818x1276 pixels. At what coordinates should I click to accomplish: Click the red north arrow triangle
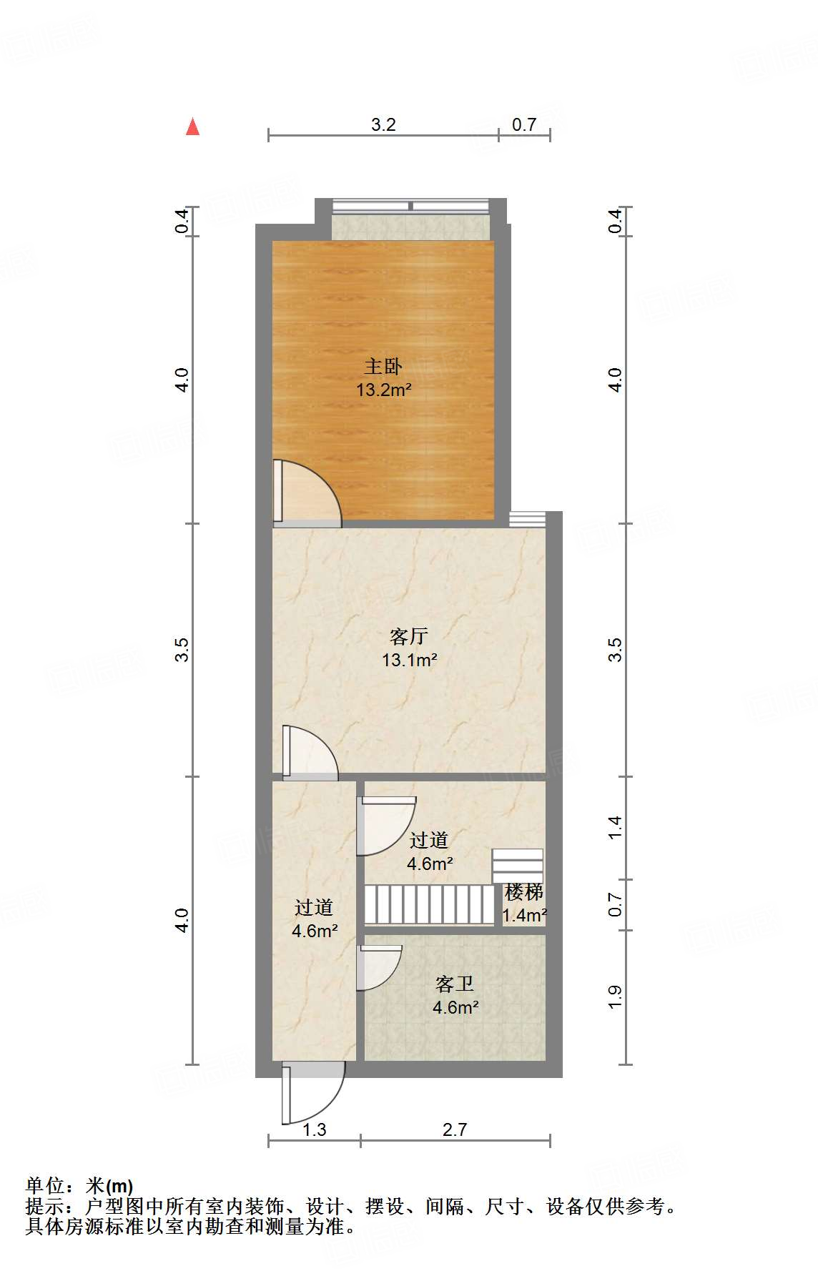(192, 127)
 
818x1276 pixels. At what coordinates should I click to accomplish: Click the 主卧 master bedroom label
(383, 367)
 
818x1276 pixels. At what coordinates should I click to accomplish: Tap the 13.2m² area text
(384, 390)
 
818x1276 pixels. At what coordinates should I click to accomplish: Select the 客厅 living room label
(409, 635)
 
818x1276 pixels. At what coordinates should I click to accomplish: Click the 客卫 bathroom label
(455, 984)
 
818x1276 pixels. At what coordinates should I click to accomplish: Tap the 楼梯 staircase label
(524, 892)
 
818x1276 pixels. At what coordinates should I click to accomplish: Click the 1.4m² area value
(525, 916)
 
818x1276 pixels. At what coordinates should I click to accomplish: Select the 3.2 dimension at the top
(383, 125)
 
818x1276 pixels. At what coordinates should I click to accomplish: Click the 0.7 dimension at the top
(524, 125)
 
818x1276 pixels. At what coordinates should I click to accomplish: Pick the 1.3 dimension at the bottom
(315, 1129)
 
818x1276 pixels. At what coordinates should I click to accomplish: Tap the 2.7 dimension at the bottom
(455, 1129)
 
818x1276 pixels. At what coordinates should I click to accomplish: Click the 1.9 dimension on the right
(615, 997)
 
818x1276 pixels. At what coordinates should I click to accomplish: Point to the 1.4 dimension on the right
(615, 827)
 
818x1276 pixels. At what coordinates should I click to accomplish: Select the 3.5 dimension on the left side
(182, 650)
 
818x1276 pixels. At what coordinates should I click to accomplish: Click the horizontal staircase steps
(429, 905)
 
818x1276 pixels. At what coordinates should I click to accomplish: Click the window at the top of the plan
(411, 207)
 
